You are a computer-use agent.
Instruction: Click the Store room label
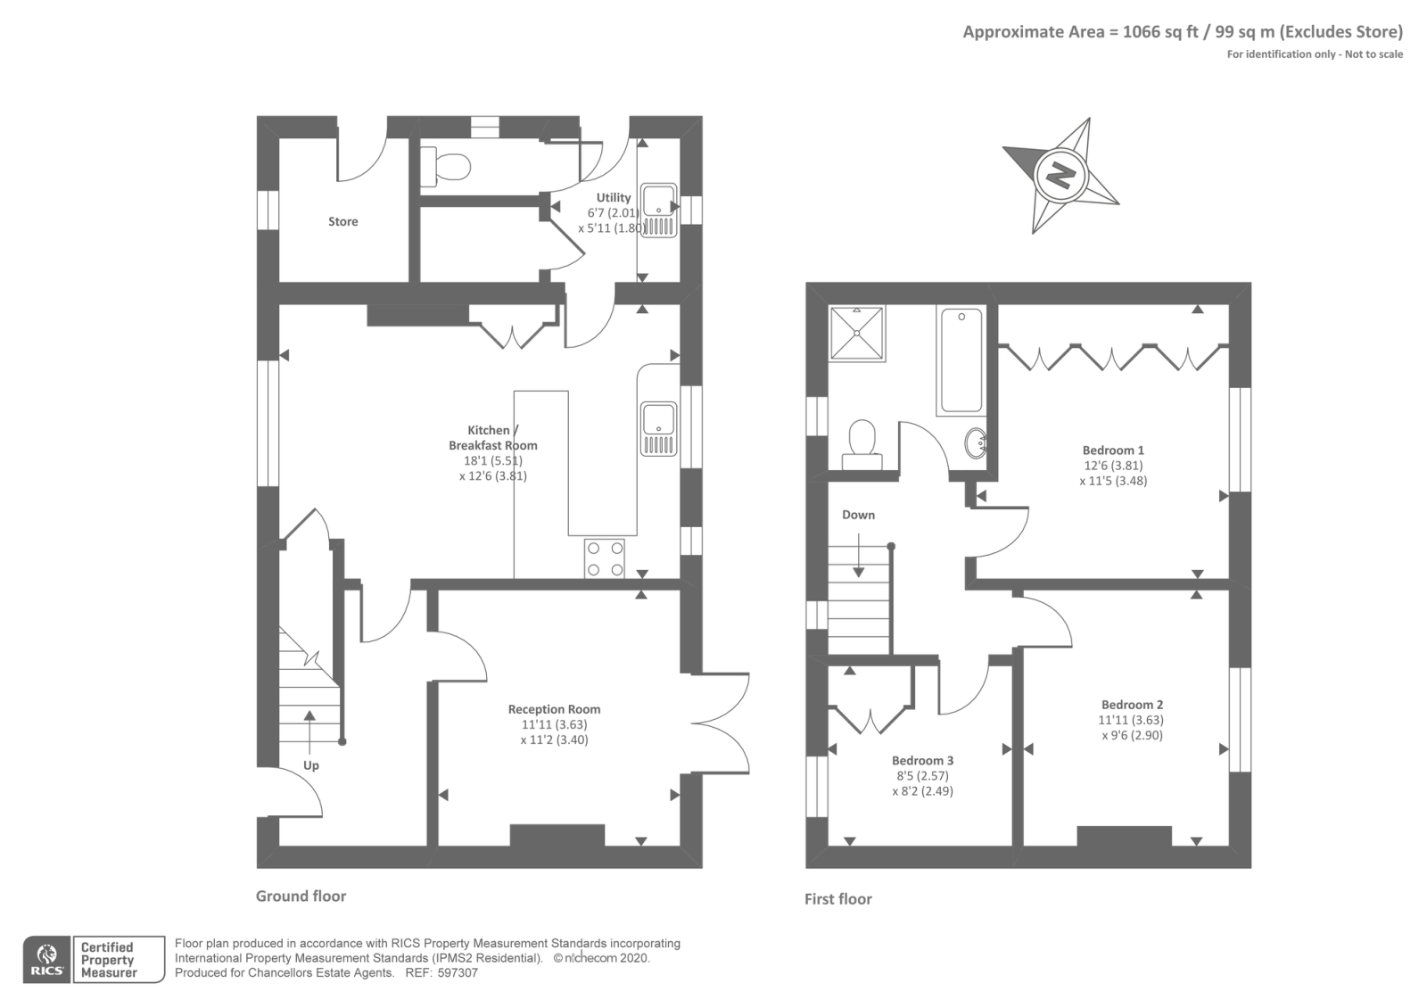[x=342, y=221]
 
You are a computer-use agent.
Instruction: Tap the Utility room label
[x=613, y=197]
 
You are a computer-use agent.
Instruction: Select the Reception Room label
[x=554, y=709]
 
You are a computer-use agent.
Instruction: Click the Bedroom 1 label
[x=1113, y=450]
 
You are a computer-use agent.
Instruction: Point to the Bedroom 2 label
[x=1132, y=704]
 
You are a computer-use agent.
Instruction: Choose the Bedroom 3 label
[x=922, y=760]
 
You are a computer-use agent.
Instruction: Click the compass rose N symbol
[x=1060, y=173]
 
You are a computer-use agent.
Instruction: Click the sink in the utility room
[x=660, y=211]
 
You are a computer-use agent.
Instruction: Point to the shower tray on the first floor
[x=857, y=334]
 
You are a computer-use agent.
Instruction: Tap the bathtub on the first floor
[x=961, y=359]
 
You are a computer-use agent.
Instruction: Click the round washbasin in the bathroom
[x=977, y=441]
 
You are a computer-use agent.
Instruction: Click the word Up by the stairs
[x=310, y=765]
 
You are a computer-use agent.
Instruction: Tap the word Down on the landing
[x=858, y=515]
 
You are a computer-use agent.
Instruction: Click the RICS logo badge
[x=46, y=960]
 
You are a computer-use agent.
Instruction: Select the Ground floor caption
[x=301, y=896]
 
